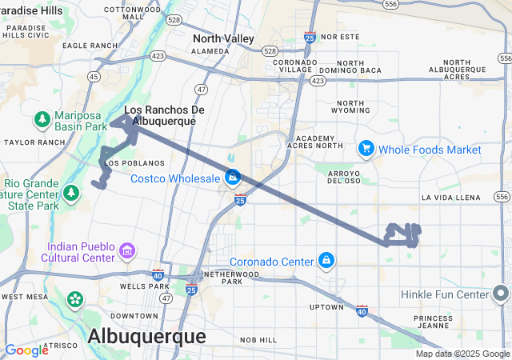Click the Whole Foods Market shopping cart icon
(x=366, y=149)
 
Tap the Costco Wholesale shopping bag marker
(x=233, y=177)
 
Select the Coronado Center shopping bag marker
(x=326, y=261)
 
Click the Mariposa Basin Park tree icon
(x=42, y=119)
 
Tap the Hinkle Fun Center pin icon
(x=502, y=294)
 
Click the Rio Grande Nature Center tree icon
(x=71, y=193)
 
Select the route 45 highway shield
(x=94, y=77)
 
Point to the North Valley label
(x=223, y=38)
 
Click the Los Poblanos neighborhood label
(x=122, y=163)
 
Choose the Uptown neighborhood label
(x=326, y=307)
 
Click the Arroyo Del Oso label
(x=346, y=175)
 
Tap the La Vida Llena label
(x=450, y=197)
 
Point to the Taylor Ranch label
(x=33, y=142)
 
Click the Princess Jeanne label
(x=433, y=324)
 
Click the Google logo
(x=26, y=350)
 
